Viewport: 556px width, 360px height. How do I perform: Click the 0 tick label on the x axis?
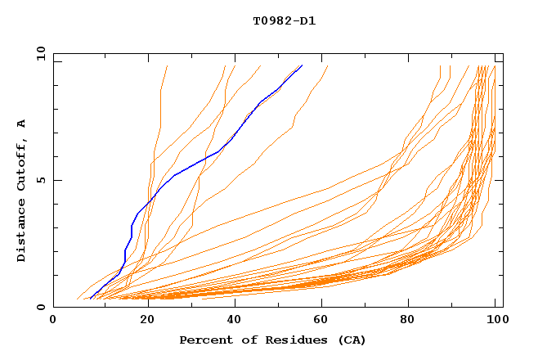click(53, 321)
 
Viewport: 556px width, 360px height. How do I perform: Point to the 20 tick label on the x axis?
click(143, 321)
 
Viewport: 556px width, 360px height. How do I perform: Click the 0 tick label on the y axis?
click(41, 308)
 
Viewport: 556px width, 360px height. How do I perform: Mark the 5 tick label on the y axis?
click(41, 181)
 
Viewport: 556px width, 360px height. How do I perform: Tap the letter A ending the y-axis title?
click(21, 124)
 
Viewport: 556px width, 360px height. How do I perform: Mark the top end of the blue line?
click(302, 65)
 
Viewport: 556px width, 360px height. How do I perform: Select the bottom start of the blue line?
click(90, 298)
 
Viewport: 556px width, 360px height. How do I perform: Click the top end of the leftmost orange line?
click(167, 65)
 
